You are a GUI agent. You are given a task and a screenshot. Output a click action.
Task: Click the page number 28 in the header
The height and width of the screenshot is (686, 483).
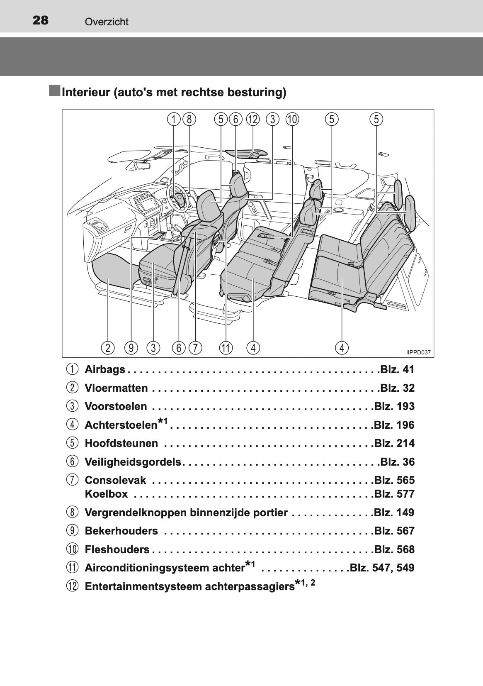tap(40, 20)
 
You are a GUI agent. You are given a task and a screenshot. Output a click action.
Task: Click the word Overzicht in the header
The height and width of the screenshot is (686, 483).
tap(107, 22)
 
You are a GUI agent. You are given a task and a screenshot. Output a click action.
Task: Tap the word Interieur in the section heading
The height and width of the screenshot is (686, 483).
tap(86, 92)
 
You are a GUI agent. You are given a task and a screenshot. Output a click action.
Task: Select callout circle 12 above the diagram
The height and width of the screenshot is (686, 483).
tap(253, 119)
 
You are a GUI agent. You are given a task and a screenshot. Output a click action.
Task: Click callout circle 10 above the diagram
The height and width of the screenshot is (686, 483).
tap(292, 119)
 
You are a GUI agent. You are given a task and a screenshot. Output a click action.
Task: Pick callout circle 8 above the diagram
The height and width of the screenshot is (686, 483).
tap(189, 119)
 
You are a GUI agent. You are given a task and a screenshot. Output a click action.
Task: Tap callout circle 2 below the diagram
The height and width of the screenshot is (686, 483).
tap(108, 348)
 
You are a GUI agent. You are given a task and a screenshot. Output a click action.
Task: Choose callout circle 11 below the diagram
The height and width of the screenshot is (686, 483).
tap(226, 348)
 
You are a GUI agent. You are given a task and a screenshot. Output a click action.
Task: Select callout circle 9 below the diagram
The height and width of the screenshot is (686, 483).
tap(131, 348)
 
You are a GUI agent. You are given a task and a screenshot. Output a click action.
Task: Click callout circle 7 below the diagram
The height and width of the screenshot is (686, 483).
tap(195, 348)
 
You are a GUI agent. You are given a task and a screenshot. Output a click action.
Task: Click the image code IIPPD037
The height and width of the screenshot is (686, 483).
tap(418, 352)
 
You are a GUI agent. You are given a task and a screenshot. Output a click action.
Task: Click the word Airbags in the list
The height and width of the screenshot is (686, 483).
tap(105, 370)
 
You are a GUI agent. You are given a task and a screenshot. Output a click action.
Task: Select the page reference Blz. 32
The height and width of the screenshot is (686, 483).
tap(397, 388)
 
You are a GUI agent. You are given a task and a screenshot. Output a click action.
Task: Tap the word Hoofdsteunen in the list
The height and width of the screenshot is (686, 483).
tap(121, 443)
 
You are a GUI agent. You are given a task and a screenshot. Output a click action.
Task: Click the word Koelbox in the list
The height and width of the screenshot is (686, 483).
tap(106, 494)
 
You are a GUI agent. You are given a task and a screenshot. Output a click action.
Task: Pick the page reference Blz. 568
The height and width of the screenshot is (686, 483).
tap(394, 549)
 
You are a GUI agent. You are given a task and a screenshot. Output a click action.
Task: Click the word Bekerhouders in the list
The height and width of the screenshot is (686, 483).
tap(121, 531)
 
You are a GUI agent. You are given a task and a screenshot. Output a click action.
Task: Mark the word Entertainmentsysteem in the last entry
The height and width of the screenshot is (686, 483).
tap(143, 586)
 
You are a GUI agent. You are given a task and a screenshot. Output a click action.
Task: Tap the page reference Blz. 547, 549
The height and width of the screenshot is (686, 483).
tap(382, 568)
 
